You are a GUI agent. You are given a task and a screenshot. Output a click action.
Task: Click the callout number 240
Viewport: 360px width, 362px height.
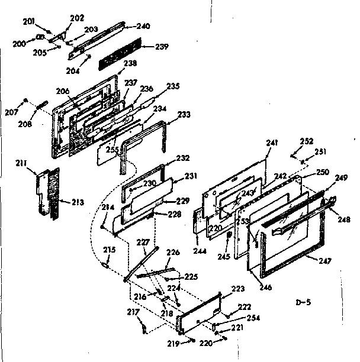pos(143,26)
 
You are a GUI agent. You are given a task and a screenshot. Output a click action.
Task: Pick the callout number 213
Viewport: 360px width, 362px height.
pos(76,202)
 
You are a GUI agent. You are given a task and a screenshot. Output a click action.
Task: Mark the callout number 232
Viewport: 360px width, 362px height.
pos(182,159)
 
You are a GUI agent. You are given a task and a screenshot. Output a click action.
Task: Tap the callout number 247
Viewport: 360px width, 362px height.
pos(324,261)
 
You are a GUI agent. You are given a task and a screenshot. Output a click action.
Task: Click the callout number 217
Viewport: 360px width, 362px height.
pos(134,312)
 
